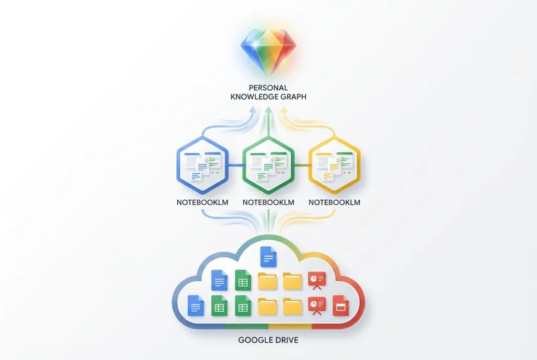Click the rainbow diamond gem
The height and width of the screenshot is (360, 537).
(x=268, y=51)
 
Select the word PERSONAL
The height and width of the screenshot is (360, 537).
(x=268, y=88)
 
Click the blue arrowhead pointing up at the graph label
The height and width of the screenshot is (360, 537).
(x=253, y=110)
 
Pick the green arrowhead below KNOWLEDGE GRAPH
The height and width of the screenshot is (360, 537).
(x=268, y=110)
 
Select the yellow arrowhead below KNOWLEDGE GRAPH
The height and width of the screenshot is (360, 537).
(x=284, y=110)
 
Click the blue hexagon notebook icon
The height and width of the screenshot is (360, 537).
(x=202, y=165)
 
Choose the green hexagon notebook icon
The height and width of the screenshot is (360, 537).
(x=268, y=165)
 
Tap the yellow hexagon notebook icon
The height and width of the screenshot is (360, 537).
(x=335, y=165)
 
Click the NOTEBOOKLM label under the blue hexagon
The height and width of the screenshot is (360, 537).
(x=202, y=203)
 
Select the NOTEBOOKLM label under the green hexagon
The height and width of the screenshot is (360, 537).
(x=268, y=203)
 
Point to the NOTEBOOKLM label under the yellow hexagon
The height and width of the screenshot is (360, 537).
(x=335, y=203)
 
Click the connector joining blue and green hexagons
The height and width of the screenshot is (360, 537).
(x=235, y=166)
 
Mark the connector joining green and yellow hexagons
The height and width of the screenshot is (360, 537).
(x=302, y=166)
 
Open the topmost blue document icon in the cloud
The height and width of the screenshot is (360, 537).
(x=268, y=257)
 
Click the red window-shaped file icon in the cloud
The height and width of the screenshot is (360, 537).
(x=341, y=305)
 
